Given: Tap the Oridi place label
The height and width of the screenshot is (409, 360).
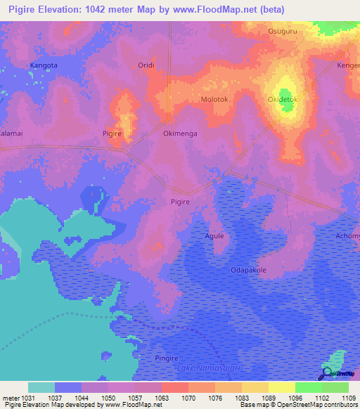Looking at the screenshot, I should tap(146, 65).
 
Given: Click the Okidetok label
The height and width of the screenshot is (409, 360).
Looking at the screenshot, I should tap(283, 100).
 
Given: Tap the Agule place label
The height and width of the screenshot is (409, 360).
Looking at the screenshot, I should tap(214, 236).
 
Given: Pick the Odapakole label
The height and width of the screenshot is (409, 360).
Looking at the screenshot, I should tap(248, 270).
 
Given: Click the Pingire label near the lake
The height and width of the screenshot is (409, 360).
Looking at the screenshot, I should tap(167, 358).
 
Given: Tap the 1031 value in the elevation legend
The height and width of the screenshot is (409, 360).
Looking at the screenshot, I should tap(27, 398).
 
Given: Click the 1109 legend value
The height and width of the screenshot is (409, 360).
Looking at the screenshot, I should tap(348, 398).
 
